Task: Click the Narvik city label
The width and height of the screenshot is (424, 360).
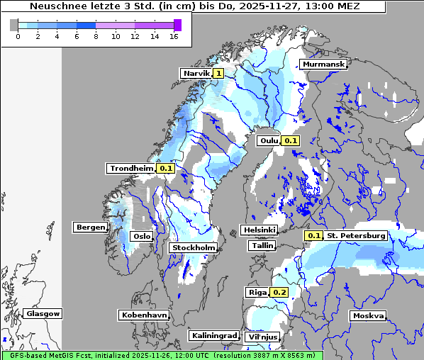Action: tap(196, 73)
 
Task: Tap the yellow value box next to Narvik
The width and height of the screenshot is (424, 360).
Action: tap(218, 73)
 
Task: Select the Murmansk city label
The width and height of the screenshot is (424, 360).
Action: tap(323, 64)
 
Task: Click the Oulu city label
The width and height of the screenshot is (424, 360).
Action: tap(268, 140)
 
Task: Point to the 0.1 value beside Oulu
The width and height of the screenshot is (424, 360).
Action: tap(291, 140)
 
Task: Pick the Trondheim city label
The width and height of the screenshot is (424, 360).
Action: tap(131, 168)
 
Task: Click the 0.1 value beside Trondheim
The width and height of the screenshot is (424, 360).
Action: tap(166, 168)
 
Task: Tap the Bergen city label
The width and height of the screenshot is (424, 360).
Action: tap(90, 227)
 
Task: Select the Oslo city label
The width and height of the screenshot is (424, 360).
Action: tap(142, 236)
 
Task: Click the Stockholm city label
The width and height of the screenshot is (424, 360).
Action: tap(194, 247)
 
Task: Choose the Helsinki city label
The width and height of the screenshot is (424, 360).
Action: tap(259, 230)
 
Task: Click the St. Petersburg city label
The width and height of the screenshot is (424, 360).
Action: tap(356, 235)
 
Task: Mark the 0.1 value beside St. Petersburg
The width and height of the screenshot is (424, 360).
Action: tap(314, 235)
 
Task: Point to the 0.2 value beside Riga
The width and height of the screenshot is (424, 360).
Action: tap(279, 292)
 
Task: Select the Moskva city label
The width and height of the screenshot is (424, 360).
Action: tap(368, 315)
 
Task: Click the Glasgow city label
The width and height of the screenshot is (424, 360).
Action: tap(43, 313)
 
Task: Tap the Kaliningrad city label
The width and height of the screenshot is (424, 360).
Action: tap(213, 335)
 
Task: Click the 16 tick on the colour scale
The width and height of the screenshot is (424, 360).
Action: tap(174, 36)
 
